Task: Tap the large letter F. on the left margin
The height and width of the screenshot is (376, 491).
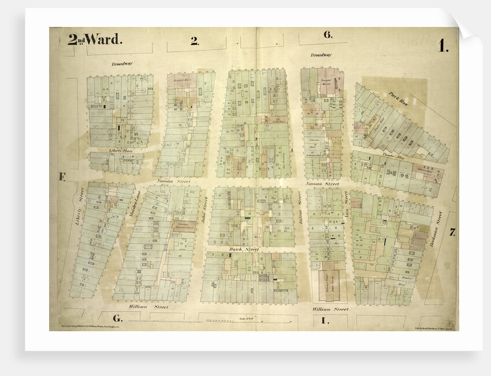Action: coord(62,178)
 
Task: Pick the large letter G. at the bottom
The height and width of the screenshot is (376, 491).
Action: coord(117,319)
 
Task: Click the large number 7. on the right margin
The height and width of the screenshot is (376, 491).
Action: coord(452,233)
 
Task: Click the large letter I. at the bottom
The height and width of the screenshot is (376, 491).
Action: coord(325,319)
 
